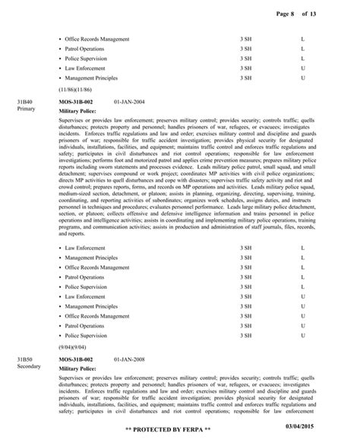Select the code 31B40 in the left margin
(24, 101)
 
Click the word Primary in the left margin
(25, 109)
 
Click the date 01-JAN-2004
(130, 101)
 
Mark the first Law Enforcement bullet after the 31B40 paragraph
(85, 248)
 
